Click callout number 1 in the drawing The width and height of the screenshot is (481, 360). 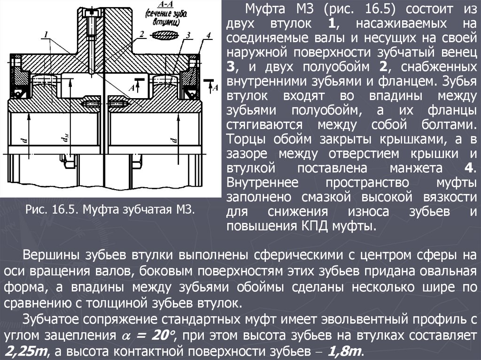click(x=47, y=34)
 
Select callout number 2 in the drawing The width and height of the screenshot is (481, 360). click(x=140, y=34)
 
